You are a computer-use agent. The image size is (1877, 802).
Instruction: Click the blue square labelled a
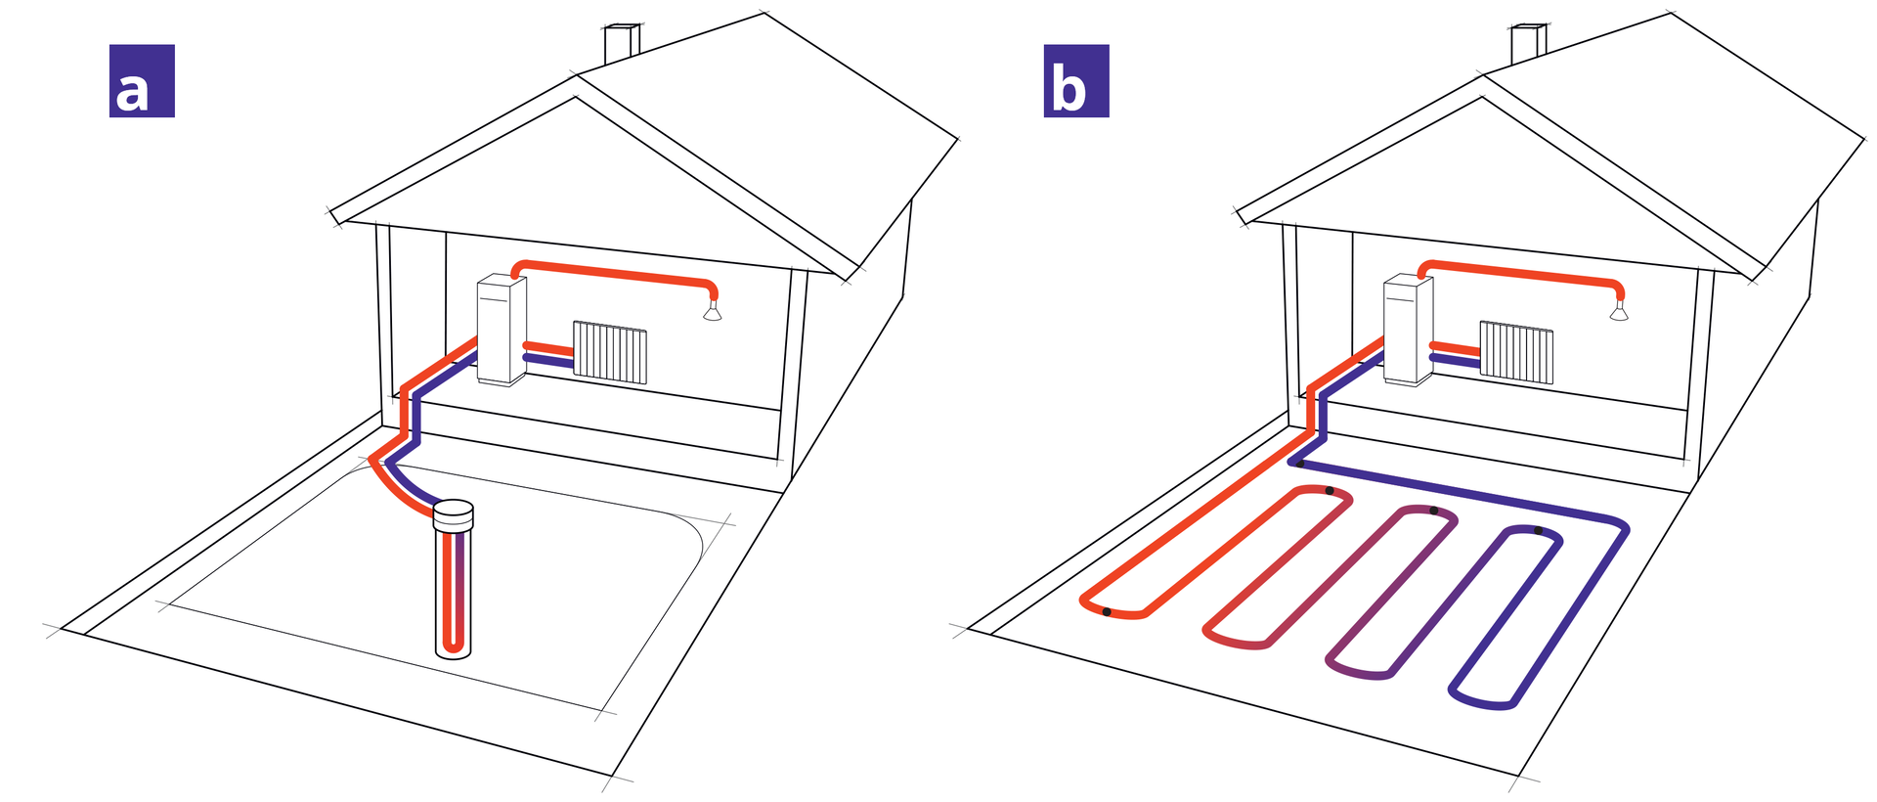click(142, 81)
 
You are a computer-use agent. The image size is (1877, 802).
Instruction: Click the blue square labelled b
click(1076, 81)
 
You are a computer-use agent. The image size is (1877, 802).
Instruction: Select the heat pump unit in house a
click(502, 331)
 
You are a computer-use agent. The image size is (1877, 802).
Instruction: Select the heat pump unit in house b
click(1408, 331)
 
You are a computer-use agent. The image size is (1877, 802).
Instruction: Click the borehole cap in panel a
click(453, 513)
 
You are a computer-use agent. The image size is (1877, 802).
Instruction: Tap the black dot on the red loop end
click(1107, 612)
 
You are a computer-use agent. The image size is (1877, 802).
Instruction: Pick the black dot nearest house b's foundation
click(1299, 464)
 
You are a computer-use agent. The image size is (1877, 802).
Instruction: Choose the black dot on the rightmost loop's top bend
click(1538, 531)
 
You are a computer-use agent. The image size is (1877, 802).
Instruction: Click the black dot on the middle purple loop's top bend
click(1433, 511)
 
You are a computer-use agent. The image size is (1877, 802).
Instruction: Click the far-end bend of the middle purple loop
click(1359, 673)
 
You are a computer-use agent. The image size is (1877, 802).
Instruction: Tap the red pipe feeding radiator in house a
click(548, 347)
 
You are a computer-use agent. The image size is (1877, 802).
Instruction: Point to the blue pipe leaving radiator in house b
click(1455, 362)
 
